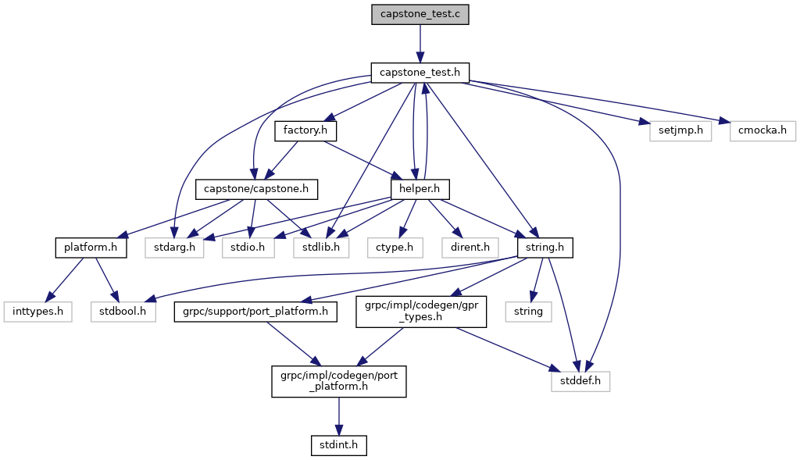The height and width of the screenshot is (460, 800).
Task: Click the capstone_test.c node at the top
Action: (x=420, y=14)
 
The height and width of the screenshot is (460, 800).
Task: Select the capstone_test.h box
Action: (x=420, y=73)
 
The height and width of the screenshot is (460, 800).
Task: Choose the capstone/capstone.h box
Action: (x=256, y=189)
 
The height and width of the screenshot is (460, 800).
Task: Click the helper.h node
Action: (x=420, y=189)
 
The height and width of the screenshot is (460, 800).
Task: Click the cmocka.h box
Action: (x=762, y=130)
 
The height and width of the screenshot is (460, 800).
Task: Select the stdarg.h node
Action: (x=173, y=248)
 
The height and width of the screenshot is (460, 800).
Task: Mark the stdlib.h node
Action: (x=321, y=248)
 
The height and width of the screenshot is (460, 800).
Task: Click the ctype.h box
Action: (x=399, y=248)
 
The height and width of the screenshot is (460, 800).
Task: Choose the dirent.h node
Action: (x=471, y=248)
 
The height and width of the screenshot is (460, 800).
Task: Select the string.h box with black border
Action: (x=545, y=248)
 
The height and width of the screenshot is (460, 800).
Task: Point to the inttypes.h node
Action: (x=37, y=312)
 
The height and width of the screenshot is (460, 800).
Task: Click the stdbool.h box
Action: (x=123, y=312)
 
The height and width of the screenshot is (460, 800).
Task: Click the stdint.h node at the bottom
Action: (x=338, y=446)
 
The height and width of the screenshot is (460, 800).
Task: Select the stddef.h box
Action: (x=580, y=382)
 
